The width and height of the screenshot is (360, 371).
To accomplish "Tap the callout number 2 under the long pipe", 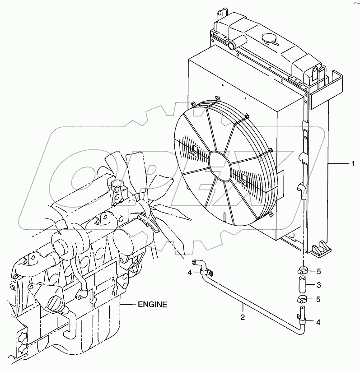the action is [x=243, y=317].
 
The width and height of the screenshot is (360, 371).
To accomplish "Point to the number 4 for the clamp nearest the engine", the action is [x=190, y=272].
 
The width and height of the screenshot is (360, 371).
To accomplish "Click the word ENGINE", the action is [x=152, y=305].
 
